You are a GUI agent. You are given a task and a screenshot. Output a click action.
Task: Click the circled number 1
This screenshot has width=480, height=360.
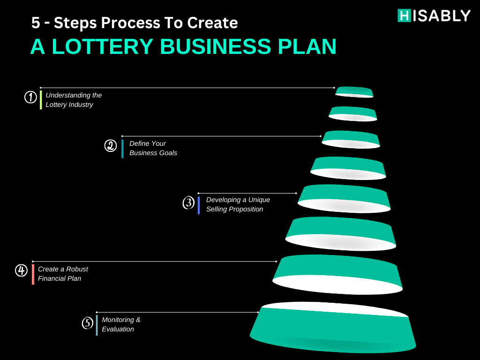coord(30,97)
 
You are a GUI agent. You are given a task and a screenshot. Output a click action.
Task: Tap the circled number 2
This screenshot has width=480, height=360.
coord(111,145)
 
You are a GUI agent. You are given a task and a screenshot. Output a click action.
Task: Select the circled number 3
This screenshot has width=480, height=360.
coord(188,202)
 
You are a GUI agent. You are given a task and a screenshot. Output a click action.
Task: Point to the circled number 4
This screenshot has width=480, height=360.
coord(22,270)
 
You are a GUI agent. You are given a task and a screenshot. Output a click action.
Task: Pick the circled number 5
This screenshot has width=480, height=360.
coord(88,322)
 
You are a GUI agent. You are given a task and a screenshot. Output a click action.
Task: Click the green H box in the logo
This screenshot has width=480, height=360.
coord(404,15)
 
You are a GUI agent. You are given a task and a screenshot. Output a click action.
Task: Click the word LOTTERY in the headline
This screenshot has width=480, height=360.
coord(102,46)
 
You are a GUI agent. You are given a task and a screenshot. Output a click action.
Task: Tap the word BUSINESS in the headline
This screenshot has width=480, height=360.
coord(215,46)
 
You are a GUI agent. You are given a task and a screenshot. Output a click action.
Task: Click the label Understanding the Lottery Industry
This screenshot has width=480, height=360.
coord(74,100)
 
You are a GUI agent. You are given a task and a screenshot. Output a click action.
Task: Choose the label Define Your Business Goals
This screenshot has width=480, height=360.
coord(153,148)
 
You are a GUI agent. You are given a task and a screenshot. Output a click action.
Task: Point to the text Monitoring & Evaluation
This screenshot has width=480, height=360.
coord(121,324)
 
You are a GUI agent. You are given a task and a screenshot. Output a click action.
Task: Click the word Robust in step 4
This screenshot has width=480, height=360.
coord(77,269)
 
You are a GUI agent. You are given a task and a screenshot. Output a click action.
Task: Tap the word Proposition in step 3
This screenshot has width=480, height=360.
coord(247,209)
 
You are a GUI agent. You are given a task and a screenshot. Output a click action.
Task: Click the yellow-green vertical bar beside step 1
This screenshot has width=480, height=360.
coord(41,100)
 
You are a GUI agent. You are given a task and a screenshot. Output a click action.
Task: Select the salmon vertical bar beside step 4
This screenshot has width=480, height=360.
coord(33,275)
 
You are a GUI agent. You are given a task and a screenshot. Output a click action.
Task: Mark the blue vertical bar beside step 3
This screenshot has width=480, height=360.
coord(199,205)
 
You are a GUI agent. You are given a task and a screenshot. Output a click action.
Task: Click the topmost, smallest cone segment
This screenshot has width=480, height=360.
coord(354,92)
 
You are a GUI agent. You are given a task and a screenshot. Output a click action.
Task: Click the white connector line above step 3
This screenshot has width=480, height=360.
coord(247,193)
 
